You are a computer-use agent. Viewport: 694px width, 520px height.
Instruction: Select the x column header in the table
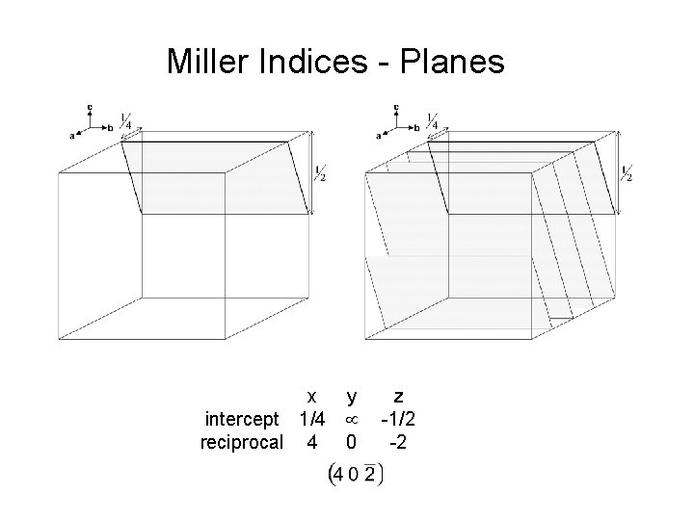pos(310,396)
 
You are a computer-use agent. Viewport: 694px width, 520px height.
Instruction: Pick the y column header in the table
pos(352,396)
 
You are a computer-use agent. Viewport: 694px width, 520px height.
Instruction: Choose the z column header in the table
pos(398,396)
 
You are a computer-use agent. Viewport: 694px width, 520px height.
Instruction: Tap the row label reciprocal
pos(241,442)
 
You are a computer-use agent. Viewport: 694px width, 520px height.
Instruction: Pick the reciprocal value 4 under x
pos(310,442)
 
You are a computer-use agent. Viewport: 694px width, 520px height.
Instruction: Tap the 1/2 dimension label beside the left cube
pos(321,173)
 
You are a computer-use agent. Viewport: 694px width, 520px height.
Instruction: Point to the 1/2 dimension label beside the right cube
pos(627,173)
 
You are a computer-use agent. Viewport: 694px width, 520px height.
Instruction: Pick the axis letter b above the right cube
pos(416,126)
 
